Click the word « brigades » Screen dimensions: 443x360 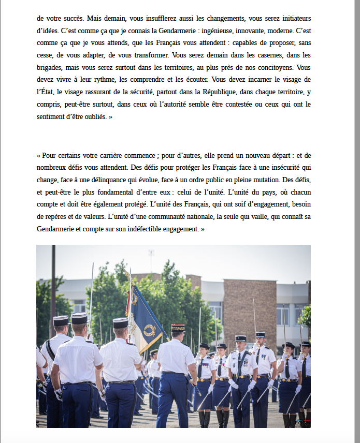(50, 67)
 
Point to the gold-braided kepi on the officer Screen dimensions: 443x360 (178, 327)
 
